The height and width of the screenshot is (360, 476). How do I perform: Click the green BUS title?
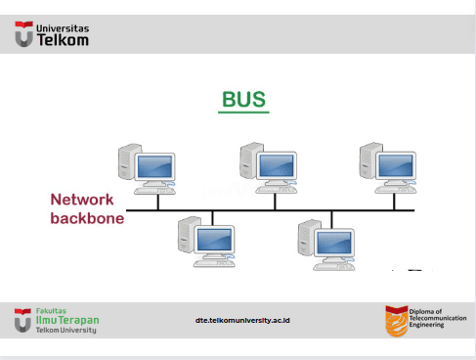click(243, 99)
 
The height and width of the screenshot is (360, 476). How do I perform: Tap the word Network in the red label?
click(82, 200)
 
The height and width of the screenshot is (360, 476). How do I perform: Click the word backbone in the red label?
click(87, 218)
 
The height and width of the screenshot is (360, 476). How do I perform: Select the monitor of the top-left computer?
click(154, 166)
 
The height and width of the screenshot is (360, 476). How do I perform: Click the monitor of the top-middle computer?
click(277, 165)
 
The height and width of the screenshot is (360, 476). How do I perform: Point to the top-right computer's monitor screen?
click(396, 165)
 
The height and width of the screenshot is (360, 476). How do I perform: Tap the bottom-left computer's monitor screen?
click(214, 240)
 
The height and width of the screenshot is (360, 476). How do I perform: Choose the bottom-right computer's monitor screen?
click(334, 243)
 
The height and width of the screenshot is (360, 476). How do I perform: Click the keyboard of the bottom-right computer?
click(334, 267)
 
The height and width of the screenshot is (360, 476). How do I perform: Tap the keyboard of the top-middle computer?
click(277, 190)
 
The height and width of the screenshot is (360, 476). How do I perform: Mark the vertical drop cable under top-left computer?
click(158, 202)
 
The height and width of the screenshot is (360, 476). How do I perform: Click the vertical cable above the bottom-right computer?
click(331, 220)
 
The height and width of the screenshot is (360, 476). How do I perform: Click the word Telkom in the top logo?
click(63, 40)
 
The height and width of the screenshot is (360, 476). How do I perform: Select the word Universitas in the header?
click(63, 28)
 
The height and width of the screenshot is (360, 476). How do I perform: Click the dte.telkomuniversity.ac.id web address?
click(242, 320)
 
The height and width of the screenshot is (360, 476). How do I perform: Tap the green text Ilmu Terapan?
click(67, 320)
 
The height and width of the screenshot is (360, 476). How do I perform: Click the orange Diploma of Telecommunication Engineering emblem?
click(397, 321)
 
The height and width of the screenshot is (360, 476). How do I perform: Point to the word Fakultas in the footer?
click(51, 311)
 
